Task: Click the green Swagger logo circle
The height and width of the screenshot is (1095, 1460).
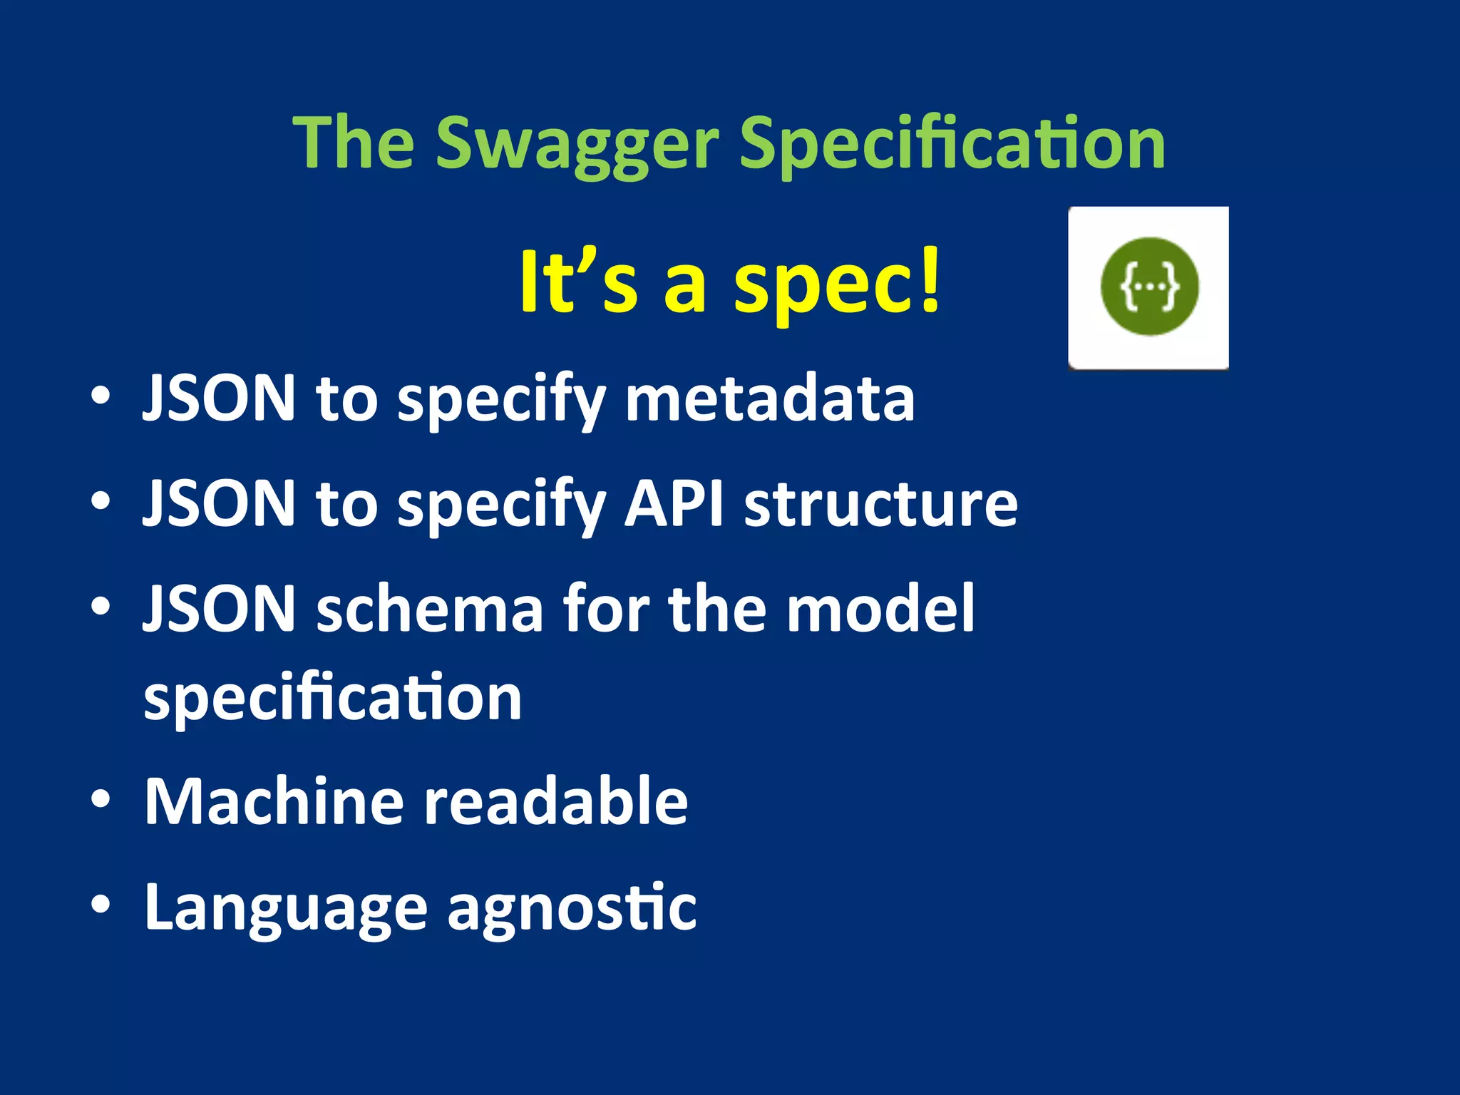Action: tap(1149, 287)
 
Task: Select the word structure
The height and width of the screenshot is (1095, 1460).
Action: tap(881, 504)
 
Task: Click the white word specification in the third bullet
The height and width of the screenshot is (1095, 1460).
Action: tap(333, 699)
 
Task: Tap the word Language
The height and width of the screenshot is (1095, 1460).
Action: tap(285, 909)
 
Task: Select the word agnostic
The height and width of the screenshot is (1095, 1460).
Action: tap(572, 909)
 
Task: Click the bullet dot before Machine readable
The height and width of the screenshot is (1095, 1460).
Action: tap(101, 800)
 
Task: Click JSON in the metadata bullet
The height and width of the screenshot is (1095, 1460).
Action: tap(219, 399)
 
